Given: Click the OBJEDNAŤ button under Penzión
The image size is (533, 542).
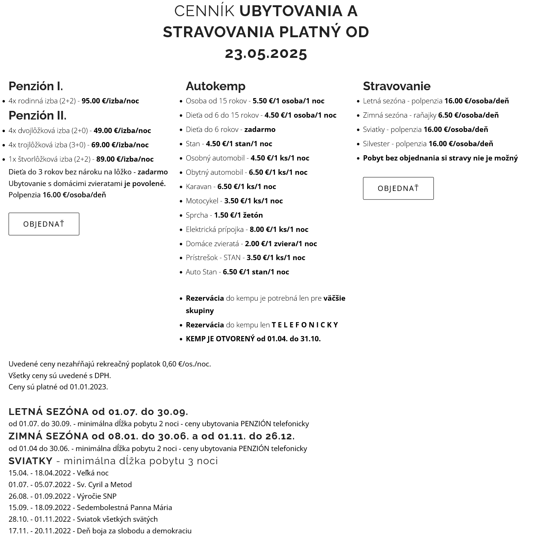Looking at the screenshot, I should pyautogui.click(x=44, y=224).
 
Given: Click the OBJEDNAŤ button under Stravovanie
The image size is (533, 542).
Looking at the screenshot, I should pyautogui.click(x=398, y=188).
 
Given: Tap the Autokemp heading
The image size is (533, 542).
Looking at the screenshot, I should pyautogui.click(x=216, y=86).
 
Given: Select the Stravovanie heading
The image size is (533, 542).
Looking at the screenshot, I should pyautogui.click(x=397, y=86).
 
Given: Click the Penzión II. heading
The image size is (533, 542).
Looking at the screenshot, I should pyautogui.click(x=38, y=115).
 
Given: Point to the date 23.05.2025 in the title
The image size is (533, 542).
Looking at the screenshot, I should pyautogui.click(x=266, y=53).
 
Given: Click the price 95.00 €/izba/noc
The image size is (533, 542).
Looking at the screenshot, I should pyautogui.click(x=110, y=101).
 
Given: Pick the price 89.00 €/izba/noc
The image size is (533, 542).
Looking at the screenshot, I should pyautogui.click(x=125, y=159).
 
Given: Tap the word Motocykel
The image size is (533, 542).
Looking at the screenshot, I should pyautogui.click(x=202, y=201).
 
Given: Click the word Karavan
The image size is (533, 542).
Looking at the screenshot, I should pyautogui.click(x=198, y=186).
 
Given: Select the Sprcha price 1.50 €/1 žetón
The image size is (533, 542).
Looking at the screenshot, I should pyautogui.click(x=239, y=215).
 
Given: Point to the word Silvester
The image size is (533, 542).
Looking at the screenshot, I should pyautogui.click(x=376, y=144).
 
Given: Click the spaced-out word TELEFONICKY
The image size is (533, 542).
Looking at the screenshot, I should pyautogui.click(x=305, y=325).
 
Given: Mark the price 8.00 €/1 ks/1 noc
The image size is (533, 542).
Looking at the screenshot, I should pyautogui.click(x=279, y=229).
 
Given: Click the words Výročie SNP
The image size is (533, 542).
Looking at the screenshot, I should pyautogui.click(x=97, y=496).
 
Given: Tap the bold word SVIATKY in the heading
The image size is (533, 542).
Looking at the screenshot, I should pyautogui.click(x=30, y=461).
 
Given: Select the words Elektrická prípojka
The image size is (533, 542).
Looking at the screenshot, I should pyautogui.click(x=214, y=229).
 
